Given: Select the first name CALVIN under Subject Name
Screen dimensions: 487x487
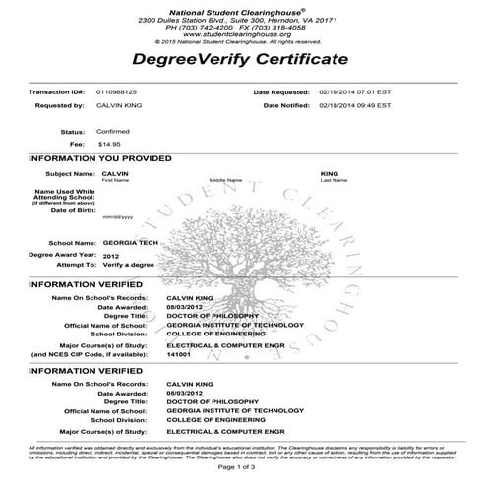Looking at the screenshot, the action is click(x=115, y=173).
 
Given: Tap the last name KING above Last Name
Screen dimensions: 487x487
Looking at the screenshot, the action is click(x=330, y=173).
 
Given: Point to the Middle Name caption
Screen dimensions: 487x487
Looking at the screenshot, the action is click(x=224, y=181).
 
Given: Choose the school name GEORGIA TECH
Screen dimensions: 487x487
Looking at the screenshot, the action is click(x=126, y=242).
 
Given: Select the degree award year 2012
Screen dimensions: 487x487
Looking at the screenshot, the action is click(x=110, y=254).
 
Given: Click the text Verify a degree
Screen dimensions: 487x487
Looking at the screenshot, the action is click(x=130, y=265).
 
